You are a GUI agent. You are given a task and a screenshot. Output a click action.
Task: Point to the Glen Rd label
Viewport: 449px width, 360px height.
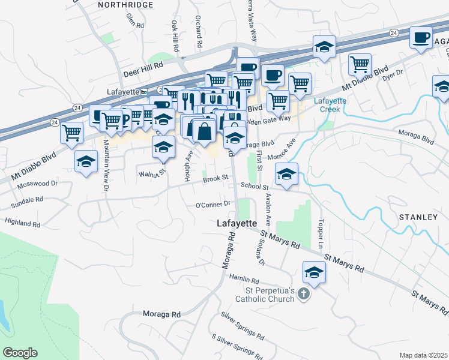click(x=135, y=22)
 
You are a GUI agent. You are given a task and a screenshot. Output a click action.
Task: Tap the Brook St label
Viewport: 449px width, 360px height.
click(x=216, y=178)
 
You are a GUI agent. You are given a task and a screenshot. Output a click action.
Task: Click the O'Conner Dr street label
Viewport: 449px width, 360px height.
click(x=209, y=205)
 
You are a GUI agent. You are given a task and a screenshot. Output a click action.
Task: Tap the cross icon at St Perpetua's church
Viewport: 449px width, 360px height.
click(x=304, y=294)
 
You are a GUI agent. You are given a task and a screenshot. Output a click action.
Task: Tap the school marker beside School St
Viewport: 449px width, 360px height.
click(x=287, y=175)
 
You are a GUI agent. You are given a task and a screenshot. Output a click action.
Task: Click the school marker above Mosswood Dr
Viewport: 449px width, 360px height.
click(x=86, y=161)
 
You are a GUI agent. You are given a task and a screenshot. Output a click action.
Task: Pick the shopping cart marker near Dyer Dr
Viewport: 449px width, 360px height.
click(x=360, y=64)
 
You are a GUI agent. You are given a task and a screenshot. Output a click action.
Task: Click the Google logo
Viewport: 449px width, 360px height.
click(x=20, y=353)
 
